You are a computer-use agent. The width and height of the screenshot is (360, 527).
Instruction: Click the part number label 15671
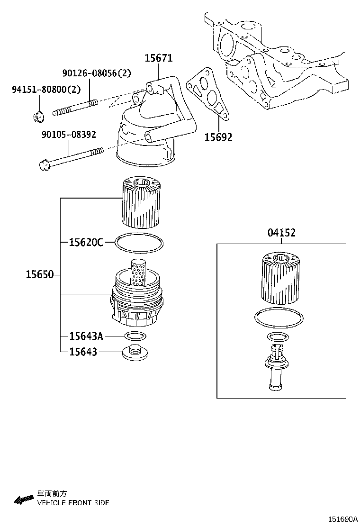tap(158, 58)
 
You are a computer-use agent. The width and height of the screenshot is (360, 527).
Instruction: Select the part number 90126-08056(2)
tap(97, 73)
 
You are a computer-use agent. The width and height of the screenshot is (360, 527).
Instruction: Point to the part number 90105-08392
tap(68, 135)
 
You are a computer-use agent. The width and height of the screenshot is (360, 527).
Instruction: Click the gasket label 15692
tap(218, 137)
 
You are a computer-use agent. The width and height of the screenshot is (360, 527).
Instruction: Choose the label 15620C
tap(85, 242)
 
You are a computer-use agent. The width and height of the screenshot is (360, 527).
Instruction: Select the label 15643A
tap(85, 336)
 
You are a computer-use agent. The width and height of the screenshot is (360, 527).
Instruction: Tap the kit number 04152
tap(281, 233)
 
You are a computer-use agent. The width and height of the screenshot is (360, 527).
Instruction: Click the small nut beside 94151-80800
tap(39, 115)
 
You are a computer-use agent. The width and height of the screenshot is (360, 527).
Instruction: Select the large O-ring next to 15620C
tap(139, 243)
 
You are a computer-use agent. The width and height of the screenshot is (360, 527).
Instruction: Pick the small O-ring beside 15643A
tap(135, 336)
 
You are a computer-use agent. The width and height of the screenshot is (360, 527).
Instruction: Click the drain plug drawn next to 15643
tap(135, 353)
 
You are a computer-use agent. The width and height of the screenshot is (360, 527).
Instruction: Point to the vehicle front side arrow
tap(22, 500)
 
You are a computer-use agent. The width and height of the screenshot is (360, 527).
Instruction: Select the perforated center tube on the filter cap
tap(138, 273)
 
